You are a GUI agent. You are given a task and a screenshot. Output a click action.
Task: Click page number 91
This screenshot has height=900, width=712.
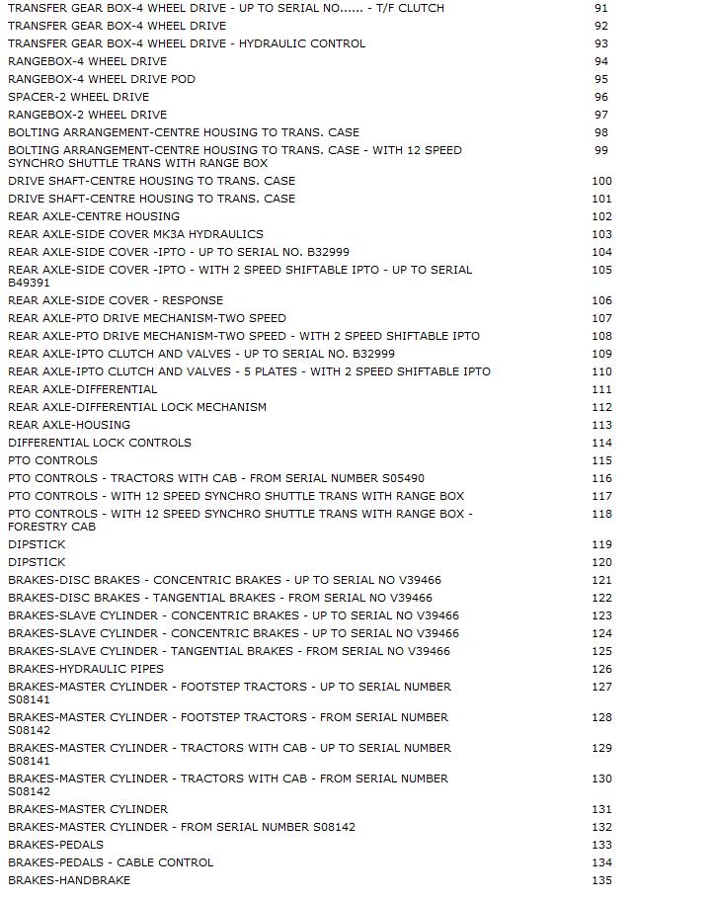[601, 8]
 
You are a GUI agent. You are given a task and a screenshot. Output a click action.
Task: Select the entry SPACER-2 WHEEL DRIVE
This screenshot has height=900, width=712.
[79, 97]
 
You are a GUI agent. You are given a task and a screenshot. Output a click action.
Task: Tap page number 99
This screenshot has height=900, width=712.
[601, 150]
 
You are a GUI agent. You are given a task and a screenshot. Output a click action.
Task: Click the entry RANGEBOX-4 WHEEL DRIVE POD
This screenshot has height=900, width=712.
[102, 79]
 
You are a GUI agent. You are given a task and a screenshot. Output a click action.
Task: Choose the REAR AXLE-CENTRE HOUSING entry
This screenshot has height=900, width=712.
[94, 216]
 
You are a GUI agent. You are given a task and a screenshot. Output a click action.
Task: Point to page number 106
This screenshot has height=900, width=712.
[601, 300]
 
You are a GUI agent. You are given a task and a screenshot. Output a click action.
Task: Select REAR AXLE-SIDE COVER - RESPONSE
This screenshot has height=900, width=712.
[116, 300]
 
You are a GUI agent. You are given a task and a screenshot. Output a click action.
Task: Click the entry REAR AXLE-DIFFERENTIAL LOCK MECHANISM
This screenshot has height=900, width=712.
[137, 407]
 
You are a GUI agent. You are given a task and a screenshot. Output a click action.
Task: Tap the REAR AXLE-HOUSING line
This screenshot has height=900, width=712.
[69, 425]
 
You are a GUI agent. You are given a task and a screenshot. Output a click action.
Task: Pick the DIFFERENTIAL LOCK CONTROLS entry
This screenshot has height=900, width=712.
[100, 443]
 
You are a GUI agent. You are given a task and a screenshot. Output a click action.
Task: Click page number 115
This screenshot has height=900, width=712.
[601, 460]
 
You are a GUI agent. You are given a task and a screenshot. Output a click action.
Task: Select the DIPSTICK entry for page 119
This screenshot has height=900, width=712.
[37, 544]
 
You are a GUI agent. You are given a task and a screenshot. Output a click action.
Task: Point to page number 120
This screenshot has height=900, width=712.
[601, 562]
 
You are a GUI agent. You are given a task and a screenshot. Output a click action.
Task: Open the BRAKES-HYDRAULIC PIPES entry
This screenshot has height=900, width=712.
[86, 669]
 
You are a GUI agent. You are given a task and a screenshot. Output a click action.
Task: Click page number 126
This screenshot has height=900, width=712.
[601, 669]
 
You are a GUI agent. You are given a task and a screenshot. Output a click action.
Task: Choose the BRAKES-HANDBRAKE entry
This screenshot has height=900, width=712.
[69, 880]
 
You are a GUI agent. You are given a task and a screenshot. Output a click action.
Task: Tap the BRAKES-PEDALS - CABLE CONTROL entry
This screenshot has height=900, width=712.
[111, 862]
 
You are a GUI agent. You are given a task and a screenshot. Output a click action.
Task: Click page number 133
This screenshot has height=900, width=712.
[601, 845]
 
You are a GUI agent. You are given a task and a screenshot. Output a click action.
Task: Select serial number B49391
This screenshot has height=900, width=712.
[29, 283]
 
